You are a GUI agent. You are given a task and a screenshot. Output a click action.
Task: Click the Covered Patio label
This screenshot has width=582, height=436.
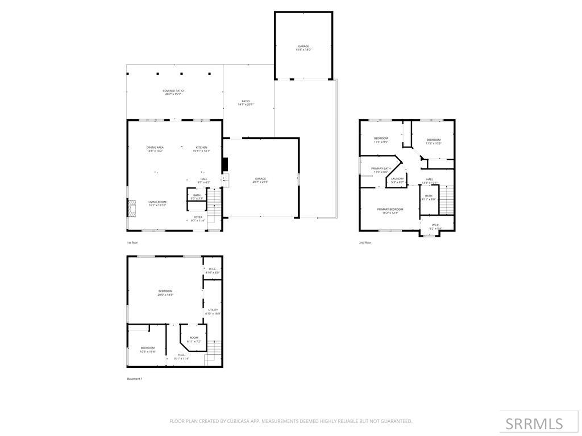pyautogui.click(x=173, y=92)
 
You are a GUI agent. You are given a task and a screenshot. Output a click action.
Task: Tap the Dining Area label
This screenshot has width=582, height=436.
pyautogui.click(x=155, y=149)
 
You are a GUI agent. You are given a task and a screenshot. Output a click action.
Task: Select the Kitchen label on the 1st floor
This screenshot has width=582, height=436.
pyautogui.click(x=202, y=149)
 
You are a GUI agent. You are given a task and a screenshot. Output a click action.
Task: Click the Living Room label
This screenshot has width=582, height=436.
pyautogui.click(x=157, y=203)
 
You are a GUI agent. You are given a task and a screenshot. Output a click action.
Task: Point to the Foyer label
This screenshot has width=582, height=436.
pyautogui.click(x=197, y=219)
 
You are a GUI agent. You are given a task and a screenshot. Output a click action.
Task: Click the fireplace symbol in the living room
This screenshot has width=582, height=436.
pyautogui.click(x=132, y=209)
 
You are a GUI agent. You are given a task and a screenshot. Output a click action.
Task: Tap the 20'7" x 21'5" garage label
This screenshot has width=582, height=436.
pyautogui.click(x=260, y=181)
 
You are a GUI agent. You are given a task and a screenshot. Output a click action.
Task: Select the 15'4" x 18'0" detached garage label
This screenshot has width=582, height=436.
pyautogui.click(x=304, y=48)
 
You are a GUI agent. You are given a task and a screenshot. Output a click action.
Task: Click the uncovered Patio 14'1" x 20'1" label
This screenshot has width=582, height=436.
pyautogui.click(x=246, y=103)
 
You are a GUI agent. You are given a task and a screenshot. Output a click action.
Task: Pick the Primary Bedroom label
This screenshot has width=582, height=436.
pyautogui.click(x=390, y=211)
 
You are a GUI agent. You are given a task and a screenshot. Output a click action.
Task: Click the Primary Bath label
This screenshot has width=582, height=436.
pyautogui.click(x=381, y=170)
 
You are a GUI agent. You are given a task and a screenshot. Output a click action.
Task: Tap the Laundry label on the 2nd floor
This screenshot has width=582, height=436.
pyautogui.click(x=397, y=181)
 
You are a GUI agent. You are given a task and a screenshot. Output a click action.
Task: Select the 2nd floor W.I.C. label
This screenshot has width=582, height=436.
pyautogui.click(x=436, y=227)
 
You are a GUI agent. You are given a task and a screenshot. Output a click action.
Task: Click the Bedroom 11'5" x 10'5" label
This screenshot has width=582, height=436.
pyautogui.click(x=434, y=141)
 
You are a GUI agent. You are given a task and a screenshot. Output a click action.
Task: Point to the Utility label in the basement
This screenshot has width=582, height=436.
pyautogui.click(x=213, y=311)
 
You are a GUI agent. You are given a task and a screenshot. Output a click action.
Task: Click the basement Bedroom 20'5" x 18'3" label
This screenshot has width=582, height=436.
pyautogui.click(x=165, y=292)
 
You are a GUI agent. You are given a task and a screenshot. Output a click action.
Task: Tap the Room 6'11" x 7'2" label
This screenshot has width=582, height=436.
pyautogui.click(x=194, y=339)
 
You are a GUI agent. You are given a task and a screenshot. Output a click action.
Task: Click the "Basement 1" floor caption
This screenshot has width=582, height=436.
pyautogui.click(x=135, y=379)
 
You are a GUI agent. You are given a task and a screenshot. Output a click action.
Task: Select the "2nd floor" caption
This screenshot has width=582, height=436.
pyautogui.click(x=365, y=242)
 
